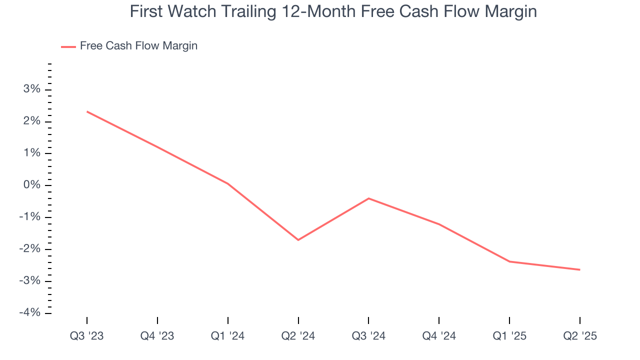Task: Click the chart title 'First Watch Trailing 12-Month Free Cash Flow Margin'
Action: point(333,11)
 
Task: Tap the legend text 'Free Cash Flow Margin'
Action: point(138,46)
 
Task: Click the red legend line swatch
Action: point(68,46)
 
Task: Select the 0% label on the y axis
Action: point(31,185)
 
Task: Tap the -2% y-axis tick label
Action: point(29,249)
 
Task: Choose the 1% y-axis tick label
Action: point(31,153)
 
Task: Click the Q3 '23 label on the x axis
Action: point(87,336)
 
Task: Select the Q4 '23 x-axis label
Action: point(157,336)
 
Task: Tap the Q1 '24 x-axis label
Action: point(228,336)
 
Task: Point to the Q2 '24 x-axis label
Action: point(298,336)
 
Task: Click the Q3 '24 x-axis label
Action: point(368,336)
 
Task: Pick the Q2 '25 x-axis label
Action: point(579,336)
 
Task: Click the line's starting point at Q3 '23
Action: point(87,111)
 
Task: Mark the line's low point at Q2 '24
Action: point(298,240)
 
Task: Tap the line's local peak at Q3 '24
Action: point(368,198)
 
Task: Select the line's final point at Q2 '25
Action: point(579,269)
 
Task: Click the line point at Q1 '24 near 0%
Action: point(228,183)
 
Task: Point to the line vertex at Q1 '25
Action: point(509,261)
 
